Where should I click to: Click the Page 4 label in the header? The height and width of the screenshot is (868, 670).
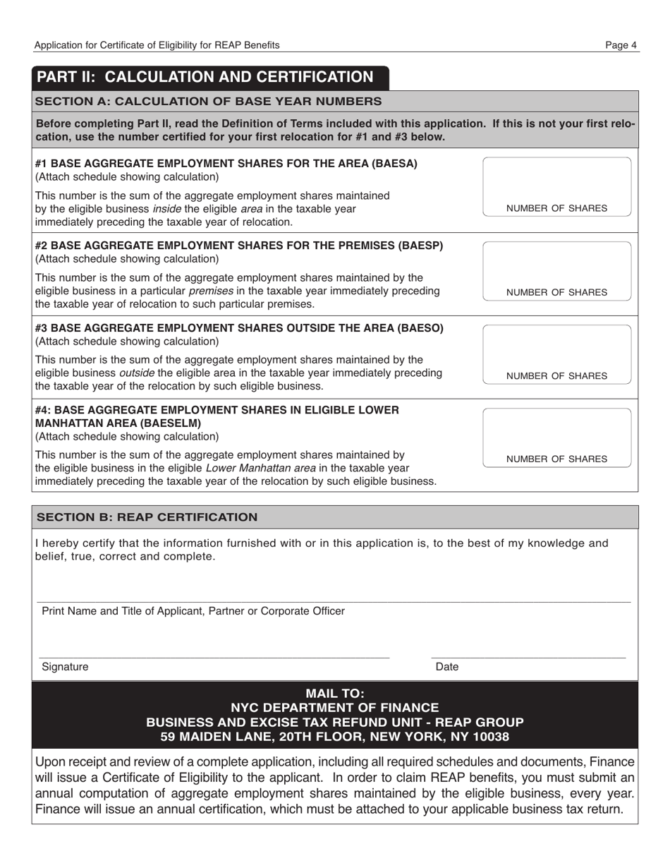click(621, 45)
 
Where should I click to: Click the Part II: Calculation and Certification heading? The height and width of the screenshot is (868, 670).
click(205, 77)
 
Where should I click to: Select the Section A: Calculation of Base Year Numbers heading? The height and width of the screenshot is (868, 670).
click(209, 101)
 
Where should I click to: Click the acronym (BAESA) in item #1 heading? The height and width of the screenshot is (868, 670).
click(392, 164)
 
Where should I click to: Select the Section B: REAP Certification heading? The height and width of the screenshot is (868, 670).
click(147, 517)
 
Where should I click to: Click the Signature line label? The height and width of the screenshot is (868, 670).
click(65, 667)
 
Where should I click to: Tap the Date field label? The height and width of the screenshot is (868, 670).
click(447, 667)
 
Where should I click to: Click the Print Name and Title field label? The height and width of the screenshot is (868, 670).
click(193, 611)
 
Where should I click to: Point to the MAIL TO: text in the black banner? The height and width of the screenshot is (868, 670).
click(334, 693)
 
